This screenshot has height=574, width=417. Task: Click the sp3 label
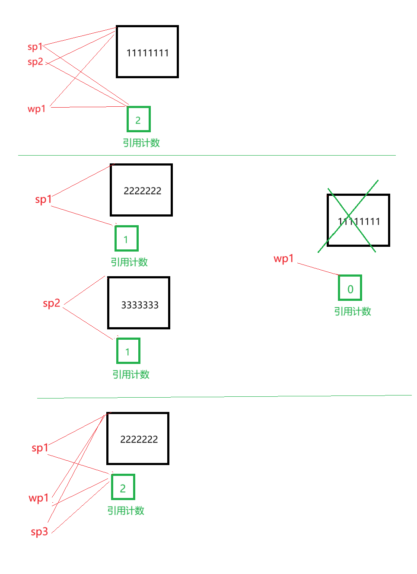coord(39,532)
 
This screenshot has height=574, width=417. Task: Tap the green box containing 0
coord(350,288)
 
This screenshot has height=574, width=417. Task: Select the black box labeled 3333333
coord(139,303)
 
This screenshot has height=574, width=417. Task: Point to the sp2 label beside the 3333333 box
coord(51,303)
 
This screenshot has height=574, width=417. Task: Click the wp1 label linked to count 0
coord(283,259)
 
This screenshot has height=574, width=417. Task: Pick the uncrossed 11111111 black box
coord(147,52)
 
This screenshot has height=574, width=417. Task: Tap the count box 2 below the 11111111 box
coord(139,119)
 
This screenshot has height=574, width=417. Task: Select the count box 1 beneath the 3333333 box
coord(128,351)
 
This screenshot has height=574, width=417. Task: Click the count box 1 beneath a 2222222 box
coord(127,239)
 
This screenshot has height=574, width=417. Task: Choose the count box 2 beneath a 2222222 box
coord(123,487)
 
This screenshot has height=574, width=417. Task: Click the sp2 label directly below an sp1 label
coord(35,62)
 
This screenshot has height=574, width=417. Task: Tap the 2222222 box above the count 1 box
coord(141,190)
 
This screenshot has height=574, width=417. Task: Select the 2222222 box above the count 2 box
coord(138,439)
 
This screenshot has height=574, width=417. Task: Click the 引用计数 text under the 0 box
coord(353,312)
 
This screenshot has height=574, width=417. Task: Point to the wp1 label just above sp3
coord(38,498)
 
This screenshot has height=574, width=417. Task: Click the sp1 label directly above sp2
coord(35,47)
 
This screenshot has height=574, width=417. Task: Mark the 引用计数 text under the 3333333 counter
coord(131,375)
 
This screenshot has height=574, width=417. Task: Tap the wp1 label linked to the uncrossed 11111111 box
coord(37,109)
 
